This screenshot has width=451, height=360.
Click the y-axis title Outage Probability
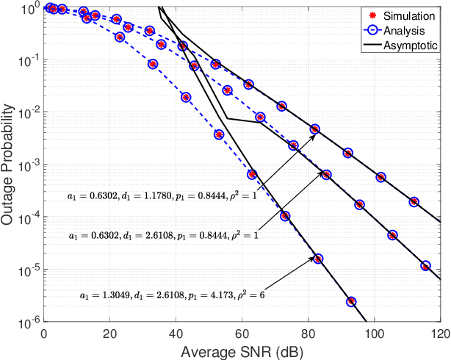10,166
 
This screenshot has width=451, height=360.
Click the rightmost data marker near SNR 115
425,265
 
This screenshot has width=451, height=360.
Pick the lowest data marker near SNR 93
351,301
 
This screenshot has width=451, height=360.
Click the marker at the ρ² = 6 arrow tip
318,259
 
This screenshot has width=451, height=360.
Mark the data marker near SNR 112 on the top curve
414,201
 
